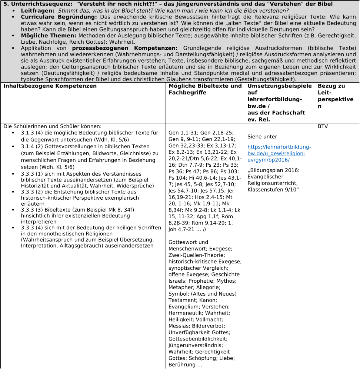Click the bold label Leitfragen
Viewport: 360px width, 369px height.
(37, 10)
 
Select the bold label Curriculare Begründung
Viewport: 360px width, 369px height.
(59, 17)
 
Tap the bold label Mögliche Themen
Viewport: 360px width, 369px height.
(49, 36)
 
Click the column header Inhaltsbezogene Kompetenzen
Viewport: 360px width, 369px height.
(50, 86)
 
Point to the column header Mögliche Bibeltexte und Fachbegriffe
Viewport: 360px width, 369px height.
(205, 89)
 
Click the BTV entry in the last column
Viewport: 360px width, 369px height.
(323, 126)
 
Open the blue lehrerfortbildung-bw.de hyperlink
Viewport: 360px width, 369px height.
(279, 153)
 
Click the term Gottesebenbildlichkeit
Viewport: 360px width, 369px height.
(198, 338)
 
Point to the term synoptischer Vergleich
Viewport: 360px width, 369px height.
(196, 268)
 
